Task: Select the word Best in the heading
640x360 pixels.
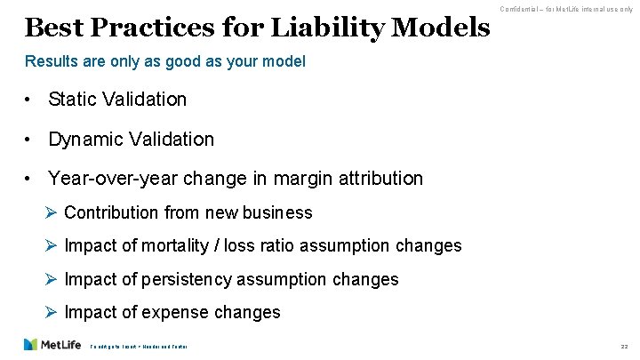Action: (49, 28)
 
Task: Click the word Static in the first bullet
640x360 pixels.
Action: (72, 99)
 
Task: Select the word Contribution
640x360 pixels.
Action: (113, 212)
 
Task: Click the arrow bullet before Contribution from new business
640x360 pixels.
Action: (52, 212)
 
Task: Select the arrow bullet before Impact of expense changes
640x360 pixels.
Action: (52, 312)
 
